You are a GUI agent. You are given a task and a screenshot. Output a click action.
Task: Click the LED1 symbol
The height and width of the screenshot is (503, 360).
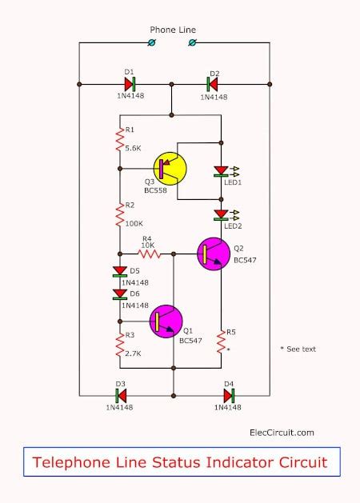pyautogui.click(x=221, y=170)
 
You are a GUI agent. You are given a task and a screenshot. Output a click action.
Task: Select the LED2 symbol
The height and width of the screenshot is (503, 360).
pyautogui.click(x=221, y=214)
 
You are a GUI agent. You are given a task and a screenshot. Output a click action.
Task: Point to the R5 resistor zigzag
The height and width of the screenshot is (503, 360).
pyautogui.click(x=221, y=340)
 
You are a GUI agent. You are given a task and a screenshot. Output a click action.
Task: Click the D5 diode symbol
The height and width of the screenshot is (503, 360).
pyautogui.click(x=120, y=271)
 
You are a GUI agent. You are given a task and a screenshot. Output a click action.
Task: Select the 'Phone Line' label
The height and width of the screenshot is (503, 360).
pyautogui.click(x=173, y=30)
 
